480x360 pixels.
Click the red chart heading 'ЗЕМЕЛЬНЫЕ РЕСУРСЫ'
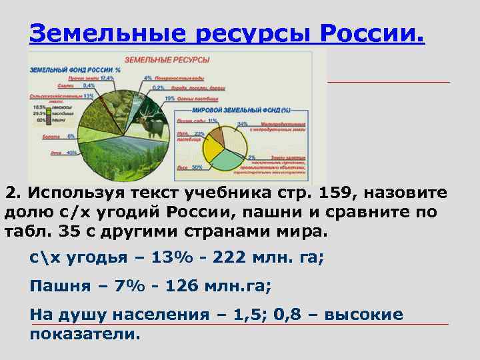pyautogui.click(x=167, y=60)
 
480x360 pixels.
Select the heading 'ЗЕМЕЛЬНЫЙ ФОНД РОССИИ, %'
pyautogui.click(x=74, y=69)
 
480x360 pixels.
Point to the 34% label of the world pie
pyautogui.click(x=242, y=124)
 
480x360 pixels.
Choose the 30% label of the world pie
pyautogui.click(x=197, y=167)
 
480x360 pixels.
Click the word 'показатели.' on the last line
pyautogui.click(x=85, y=334)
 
